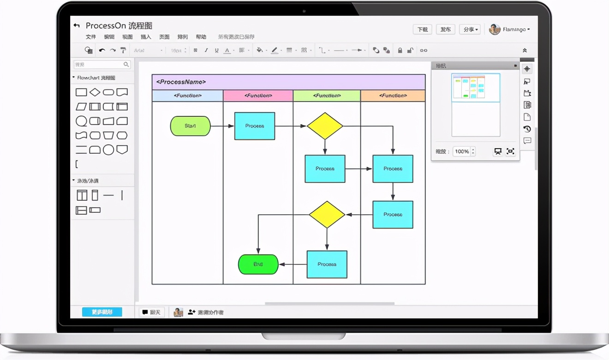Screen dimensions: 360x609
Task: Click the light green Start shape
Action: [x=190, y=126]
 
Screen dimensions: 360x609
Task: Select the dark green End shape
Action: [x=258, y=264]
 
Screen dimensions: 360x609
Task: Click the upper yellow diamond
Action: [x=325, y=126]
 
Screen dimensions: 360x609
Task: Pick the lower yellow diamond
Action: [x=327, y=215]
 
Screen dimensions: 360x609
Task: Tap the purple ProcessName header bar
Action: [x=288, y=82]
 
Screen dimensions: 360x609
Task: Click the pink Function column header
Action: [x=258, y=96]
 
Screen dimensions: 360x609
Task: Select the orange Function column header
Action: [x=393, y=96]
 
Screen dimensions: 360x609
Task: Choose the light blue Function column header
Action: [x=187, y=96]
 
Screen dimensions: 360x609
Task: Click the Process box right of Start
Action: [x=255, y=126]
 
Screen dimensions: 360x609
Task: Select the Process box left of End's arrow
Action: [x=327, y=264]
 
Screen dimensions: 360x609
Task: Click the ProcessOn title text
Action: [x=119, y=26]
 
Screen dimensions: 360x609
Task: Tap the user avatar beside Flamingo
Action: [x=495, y=30]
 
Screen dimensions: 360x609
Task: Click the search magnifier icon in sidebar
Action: [x=126, y=65]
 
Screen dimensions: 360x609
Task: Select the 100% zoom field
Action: [x=461, y=151]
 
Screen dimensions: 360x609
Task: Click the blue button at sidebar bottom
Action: [x=102, y=312]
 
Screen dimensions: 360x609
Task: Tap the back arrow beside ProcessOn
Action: [x=77, y=26]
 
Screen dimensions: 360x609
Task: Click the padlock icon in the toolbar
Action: [x=400, y=50]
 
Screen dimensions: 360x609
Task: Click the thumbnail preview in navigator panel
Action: [x=476, y=88]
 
